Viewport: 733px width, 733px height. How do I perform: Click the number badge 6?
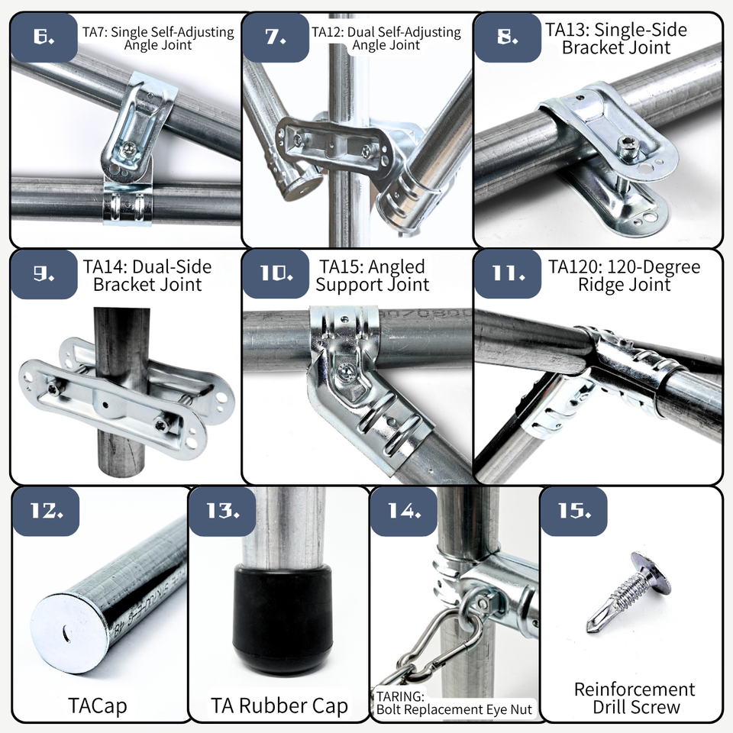44,37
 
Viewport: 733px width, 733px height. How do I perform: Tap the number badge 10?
276,273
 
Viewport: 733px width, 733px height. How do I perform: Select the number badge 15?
574,511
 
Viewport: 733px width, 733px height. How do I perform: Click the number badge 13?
222,511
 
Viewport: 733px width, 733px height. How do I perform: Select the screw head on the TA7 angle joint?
129,150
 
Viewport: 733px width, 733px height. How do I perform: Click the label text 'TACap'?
97,706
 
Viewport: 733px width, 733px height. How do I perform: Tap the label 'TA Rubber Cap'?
279,706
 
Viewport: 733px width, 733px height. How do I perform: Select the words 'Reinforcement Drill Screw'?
635,698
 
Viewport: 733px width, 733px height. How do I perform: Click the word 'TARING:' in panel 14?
400,696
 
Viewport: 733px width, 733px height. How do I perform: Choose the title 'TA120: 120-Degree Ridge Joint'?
624,276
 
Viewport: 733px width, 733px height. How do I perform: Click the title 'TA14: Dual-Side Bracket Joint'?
147,276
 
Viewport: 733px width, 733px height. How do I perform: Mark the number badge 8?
508,37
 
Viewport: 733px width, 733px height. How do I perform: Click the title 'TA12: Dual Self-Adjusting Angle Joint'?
386,38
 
